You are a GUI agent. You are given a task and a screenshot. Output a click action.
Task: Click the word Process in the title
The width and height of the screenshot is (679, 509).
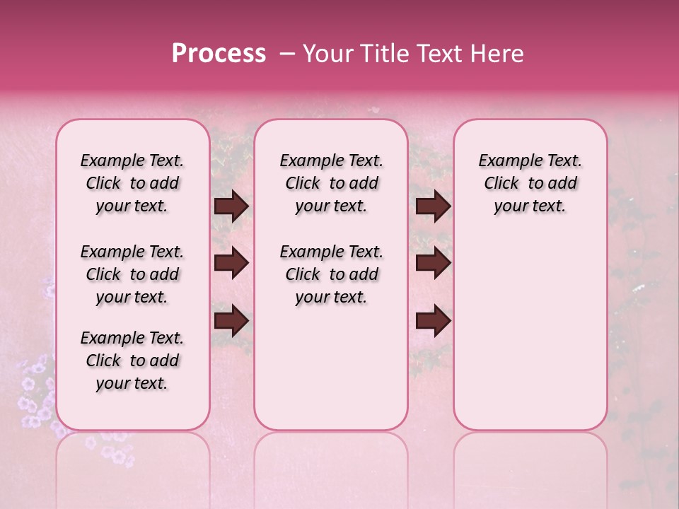(219, 54)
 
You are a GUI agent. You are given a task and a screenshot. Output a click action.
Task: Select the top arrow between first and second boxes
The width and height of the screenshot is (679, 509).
(231, 206)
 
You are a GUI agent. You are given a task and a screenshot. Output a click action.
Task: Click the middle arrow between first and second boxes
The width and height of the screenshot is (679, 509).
(231, 263)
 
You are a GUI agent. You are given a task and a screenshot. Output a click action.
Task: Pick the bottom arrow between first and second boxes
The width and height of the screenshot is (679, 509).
(231, 320)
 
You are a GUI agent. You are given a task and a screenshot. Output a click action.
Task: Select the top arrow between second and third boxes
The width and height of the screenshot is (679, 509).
(433, 206)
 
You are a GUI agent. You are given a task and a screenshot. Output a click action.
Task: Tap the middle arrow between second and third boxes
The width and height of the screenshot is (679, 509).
(433, 263)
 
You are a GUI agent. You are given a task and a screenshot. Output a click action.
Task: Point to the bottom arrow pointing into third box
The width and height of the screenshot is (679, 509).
(433, 320)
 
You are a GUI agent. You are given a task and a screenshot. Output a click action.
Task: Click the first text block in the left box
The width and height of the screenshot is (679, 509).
(132, 183)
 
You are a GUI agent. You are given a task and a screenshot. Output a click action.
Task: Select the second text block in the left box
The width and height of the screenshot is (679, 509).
(132, 274)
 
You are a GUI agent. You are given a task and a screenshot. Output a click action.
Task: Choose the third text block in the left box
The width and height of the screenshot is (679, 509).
(132, 361)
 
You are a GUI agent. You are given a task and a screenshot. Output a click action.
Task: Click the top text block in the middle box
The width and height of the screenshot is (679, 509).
(331, 183)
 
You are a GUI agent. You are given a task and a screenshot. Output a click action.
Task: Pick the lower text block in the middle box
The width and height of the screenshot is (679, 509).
(331, 274)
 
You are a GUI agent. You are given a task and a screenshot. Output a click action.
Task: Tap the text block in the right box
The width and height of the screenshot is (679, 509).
(530, 183)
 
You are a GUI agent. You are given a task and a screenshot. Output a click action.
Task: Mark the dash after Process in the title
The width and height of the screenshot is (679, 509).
(287, 54)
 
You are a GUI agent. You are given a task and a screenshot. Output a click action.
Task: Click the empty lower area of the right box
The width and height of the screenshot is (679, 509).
(530, 339)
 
